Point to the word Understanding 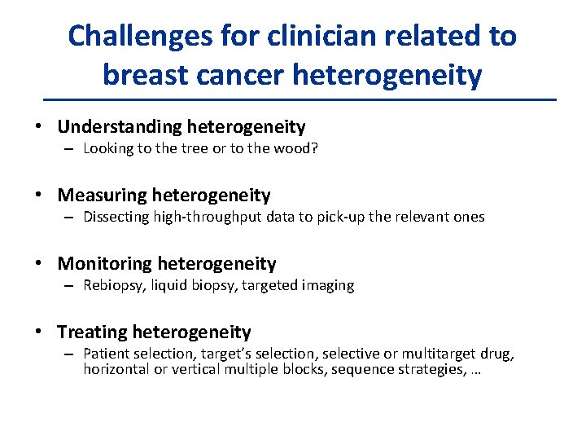click(120, 127)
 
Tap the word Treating click(92, 332)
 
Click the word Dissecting click(116, 217)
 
